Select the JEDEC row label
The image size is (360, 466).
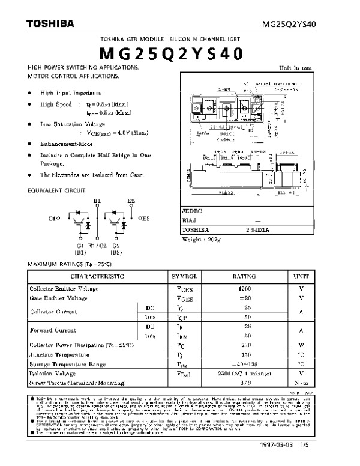(193, 211)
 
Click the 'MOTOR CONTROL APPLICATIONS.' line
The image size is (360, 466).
(73, 76)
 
